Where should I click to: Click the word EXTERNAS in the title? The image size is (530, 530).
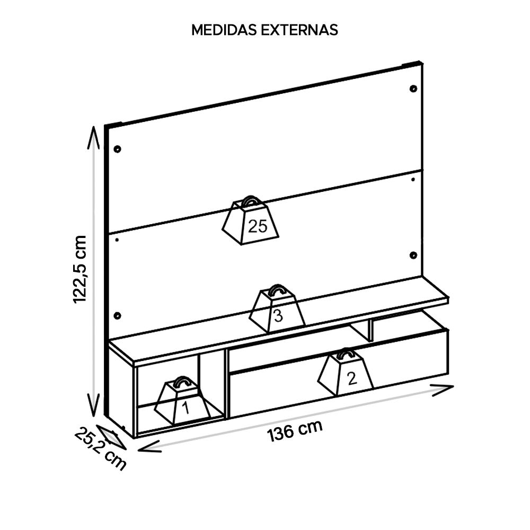point(299,30)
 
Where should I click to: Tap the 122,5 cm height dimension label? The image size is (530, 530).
point(80,269)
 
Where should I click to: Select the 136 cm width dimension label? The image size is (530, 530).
point(295,430)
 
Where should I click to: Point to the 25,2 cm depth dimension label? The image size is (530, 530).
point(100,448)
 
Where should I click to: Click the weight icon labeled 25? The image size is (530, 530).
point(251,220)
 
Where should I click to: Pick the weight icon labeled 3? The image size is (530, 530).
point(277,308)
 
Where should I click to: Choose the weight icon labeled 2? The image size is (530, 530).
point(345,372)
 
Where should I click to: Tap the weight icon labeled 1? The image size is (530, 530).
point(182,401)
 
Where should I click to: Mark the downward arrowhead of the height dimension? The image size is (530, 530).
point(94,405)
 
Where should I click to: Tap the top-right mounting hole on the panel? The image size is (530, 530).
point(413,89)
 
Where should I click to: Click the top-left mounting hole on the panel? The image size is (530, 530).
point(117,149)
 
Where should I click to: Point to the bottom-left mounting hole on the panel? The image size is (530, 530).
point(117,316)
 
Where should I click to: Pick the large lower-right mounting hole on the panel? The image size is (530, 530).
point(413,255)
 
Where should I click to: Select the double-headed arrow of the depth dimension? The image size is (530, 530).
point(111,437)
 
